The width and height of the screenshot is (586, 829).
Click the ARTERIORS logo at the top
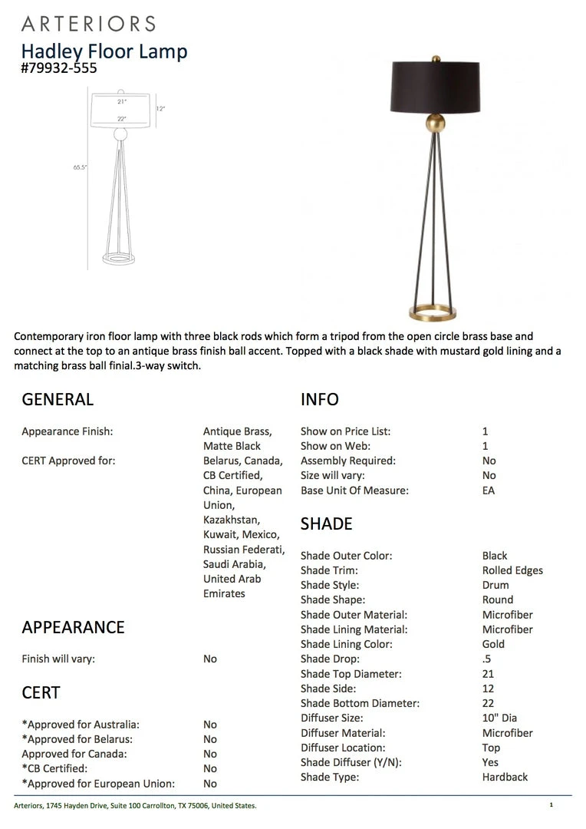pos(88,23)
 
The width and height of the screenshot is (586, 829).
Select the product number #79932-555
pos(59,68)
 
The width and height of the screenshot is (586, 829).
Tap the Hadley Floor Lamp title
pos(104,51)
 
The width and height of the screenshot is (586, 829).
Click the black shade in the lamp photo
pos(435,87)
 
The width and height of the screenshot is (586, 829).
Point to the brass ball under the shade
pos(435,124)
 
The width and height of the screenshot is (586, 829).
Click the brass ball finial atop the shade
pos(436,58)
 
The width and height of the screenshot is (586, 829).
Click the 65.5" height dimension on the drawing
pos(80,167)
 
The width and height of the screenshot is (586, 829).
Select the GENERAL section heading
pos(58,399)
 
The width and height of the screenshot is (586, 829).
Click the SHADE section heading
pos(326,524)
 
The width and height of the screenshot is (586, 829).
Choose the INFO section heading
pos(319,399)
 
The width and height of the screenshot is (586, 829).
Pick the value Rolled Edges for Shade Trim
pos(512,570)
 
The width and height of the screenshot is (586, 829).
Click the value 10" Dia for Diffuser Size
pos(499,718)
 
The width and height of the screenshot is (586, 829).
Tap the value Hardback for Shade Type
pos(505,777)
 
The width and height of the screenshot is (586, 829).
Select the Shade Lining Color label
pos(346,644)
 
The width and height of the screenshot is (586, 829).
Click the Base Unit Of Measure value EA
pos(489,490)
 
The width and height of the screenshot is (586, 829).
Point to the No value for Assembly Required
pos(489,461)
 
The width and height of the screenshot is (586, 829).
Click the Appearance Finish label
pos(67,431)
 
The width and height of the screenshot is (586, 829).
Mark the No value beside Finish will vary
pos(210,659)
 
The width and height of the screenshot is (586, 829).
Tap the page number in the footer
pos(551,805)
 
